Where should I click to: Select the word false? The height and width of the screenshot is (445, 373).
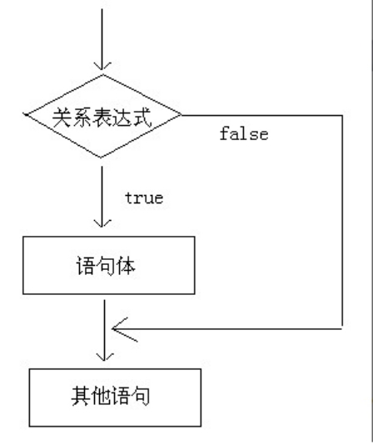[244, 133]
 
